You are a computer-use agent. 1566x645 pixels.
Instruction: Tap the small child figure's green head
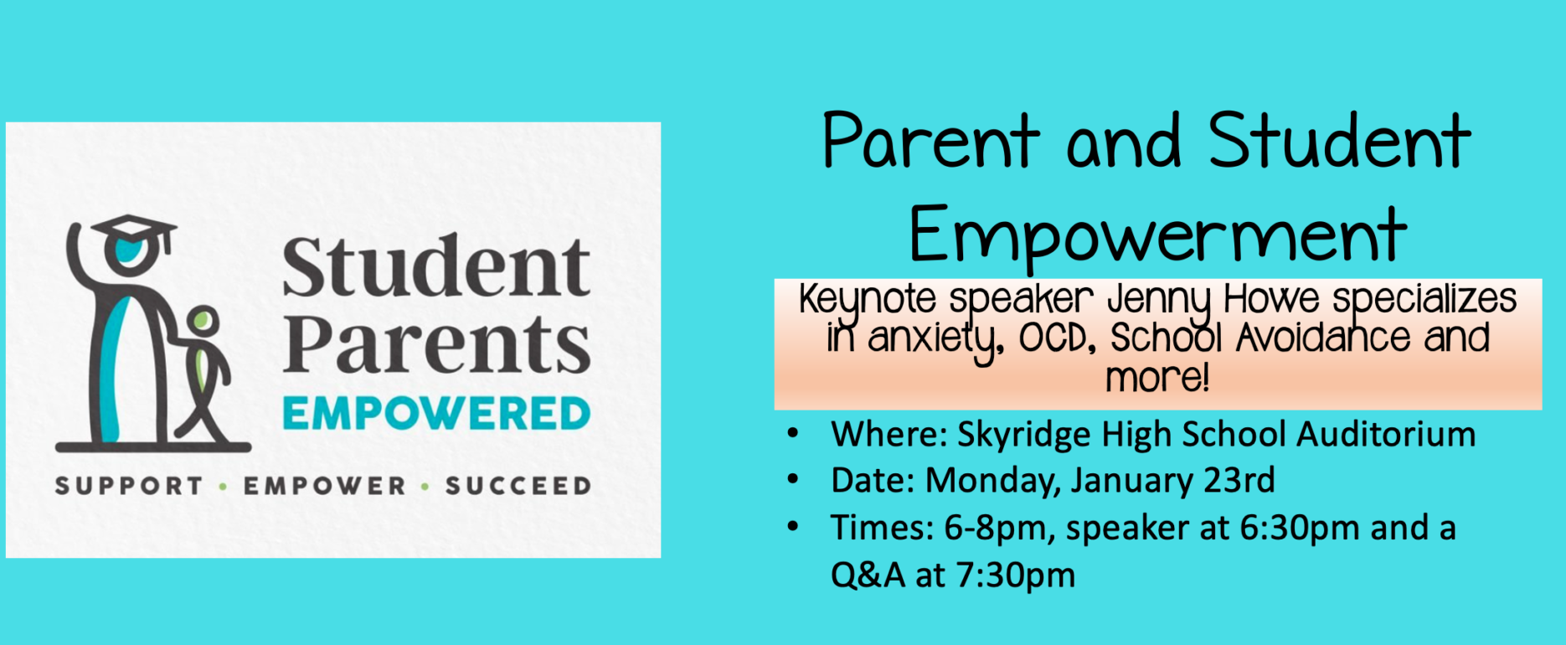(202, 321)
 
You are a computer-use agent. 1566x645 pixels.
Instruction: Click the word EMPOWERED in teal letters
(436, 414)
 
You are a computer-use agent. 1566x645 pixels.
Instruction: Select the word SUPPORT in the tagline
(129, 486)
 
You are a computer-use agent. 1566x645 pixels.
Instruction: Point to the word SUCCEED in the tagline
(518, 486)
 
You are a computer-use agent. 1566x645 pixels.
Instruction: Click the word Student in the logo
(436, 266)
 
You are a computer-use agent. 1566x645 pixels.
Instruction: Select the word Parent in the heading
(931, 141)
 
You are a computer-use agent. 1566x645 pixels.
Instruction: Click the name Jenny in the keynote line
(1160, 302)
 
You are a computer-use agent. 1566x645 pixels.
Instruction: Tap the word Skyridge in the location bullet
(1024, 436)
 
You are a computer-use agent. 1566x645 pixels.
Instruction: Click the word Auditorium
(1387, 435)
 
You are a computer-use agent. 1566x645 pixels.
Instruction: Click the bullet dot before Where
(793, 435)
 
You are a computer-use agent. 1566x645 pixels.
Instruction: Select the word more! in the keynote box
(1157, 378)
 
